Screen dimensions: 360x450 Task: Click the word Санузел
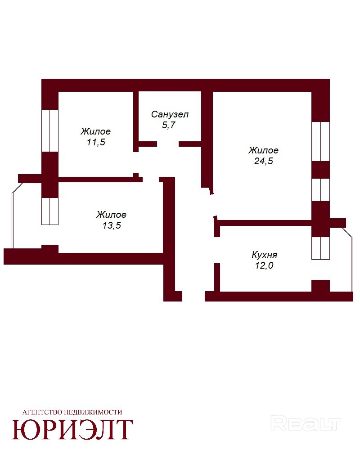coord(170,114)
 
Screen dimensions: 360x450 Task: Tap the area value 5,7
coord(169,125)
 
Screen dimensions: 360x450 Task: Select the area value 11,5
coord(96,142)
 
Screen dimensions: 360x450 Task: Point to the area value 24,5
coord(263,161)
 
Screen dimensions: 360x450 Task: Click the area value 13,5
coord(112,225)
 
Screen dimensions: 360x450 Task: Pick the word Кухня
coord(265,255)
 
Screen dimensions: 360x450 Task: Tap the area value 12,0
coord(264,265)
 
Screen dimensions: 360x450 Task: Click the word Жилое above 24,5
coord(263,150)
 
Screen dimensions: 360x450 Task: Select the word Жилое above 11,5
coord(95,131)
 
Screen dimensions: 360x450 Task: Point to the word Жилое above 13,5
coord(112,215)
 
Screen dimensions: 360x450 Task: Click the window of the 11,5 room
coord(50,130)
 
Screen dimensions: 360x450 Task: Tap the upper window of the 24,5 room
coord(321,141)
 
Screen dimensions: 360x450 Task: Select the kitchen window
coord(321,248)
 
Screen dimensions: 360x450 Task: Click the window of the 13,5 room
coord(50,211)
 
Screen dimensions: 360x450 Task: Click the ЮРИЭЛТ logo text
coord(72,430)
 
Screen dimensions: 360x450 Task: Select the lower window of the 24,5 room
coord(321,190)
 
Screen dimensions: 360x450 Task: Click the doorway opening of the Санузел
coord(168,144)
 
